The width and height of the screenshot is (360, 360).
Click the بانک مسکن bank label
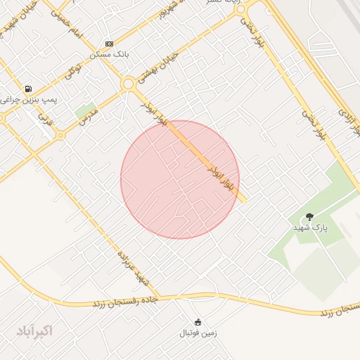pyautogui.click(x=109, y=54)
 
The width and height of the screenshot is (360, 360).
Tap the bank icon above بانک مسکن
pyautogui.click(x=108, y=43)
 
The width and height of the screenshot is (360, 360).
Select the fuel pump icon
pyautogui.click(x=28, y=89)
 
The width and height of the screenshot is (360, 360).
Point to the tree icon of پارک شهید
pyautogui.click(x=309, y=217)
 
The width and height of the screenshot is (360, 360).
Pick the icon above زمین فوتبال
pyautogui.click(x=198, y=321)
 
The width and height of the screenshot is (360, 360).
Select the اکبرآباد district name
pyautogui.click(x=34, y=330)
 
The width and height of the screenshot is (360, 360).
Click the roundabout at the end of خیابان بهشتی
pyautogui.click(x=128, y=84)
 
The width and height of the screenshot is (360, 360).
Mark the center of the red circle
pyautogui.click(x=180, y=179)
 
